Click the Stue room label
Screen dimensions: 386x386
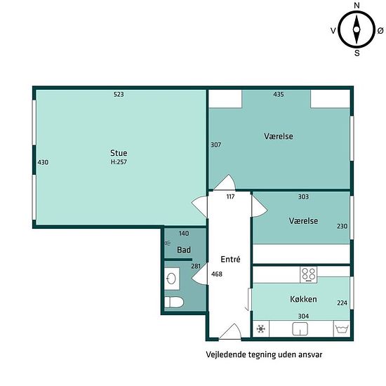[x=119, y=153]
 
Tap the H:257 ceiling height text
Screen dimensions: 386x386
[x=119, y=161]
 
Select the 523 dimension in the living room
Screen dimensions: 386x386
[x=119, y=94]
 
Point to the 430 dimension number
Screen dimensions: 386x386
[x=43, y=162]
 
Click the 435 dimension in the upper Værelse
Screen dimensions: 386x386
[x=279, y=94]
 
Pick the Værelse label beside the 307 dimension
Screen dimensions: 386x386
[x=279, y=136]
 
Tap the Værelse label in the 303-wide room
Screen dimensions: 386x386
[x=303, y=221]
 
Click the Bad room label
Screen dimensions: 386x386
[x=184, y=250]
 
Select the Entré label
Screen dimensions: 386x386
[x=230, y=259]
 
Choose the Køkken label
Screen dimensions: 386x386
[x=303, y=299]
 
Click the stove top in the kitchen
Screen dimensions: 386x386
[x=309, y=275]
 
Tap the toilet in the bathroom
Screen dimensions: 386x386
[x=174, y=302]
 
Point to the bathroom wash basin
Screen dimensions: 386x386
[x=171, y=279]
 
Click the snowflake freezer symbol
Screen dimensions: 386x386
[x=260, y=328]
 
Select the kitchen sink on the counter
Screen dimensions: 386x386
[x=300, y=329]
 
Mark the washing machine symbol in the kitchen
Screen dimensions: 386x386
[x=342, y=328]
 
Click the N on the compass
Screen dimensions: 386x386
[x=357, y=6]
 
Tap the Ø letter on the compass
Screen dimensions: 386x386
[x=380, y=30]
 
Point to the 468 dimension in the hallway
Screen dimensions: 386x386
[x=217, y=274]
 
